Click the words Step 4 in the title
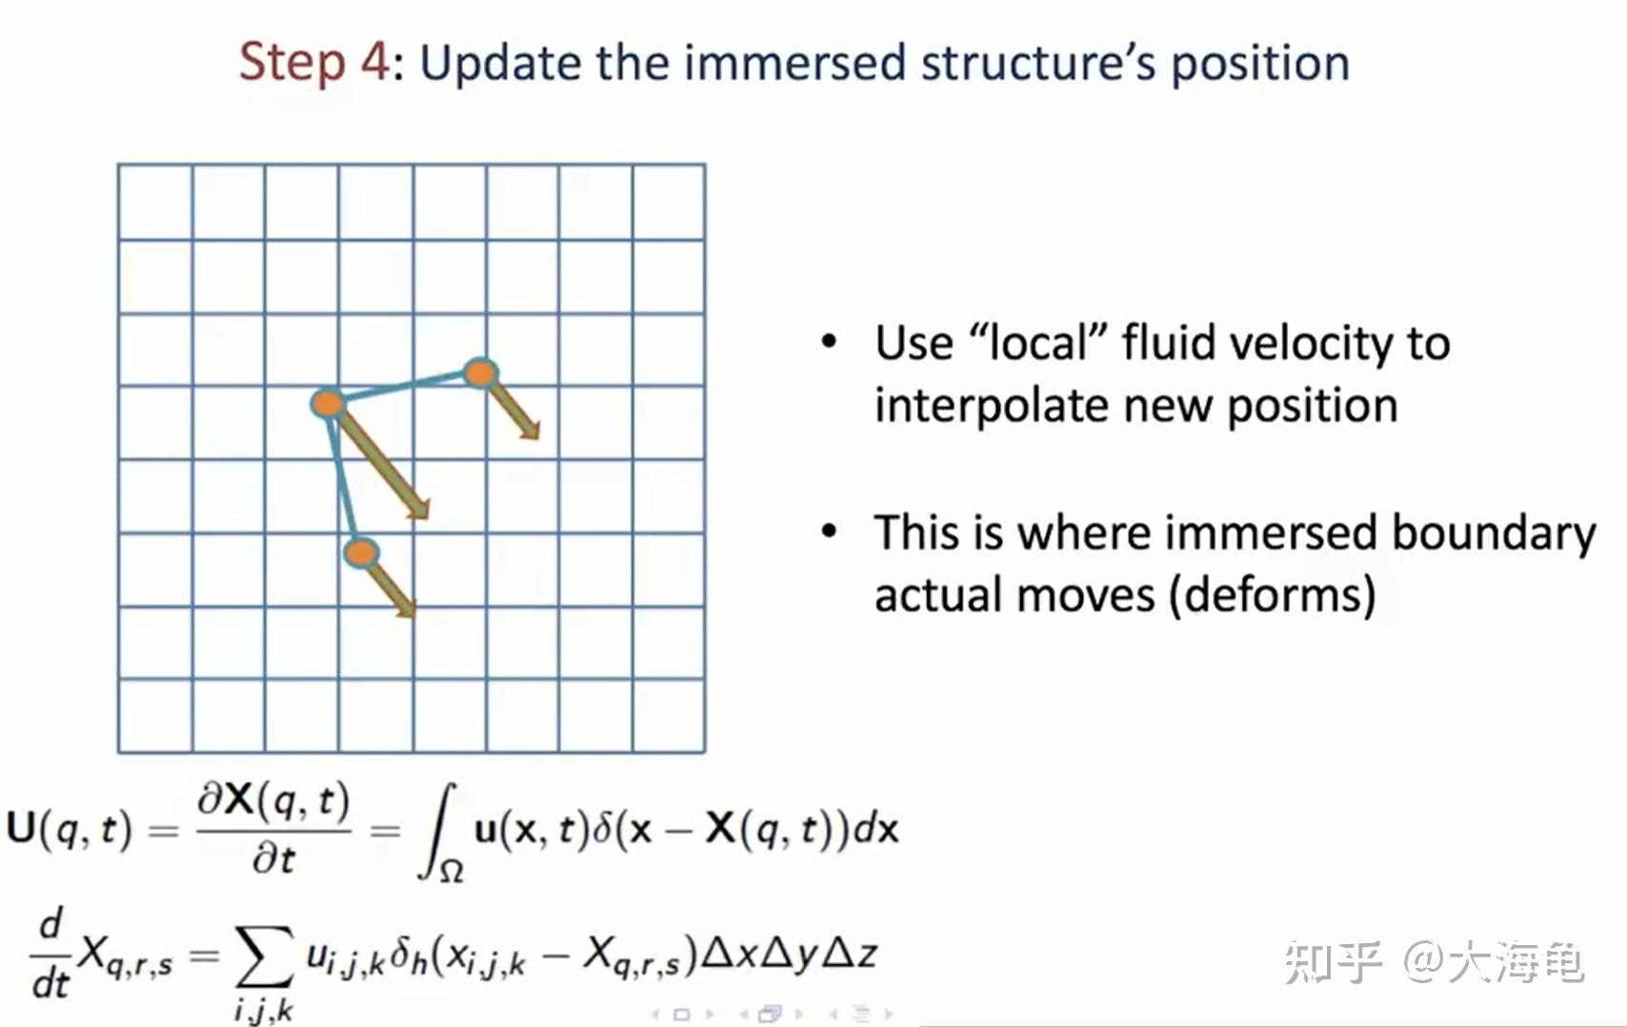coord(313,63)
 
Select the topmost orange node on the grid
coord(480,373)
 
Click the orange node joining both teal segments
coord(328,403)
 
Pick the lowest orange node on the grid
coord(361,553)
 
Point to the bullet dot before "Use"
coord(829,342)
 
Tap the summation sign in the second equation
coord(264,956)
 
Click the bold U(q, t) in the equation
coord(68,829)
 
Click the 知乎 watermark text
coord(1332,962)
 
